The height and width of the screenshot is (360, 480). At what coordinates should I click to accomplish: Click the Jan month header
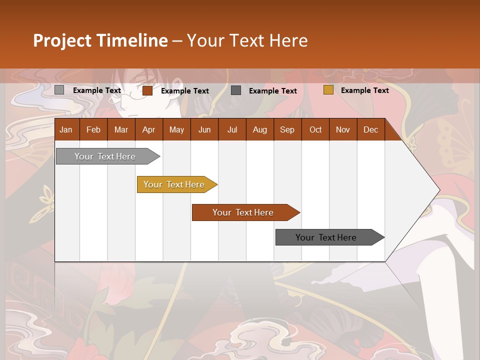point(66,129)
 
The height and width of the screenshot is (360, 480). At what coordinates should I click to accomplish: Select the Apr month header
point(148,129)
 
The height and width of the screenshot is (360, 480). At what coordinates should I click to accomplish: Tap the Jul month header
point(232,129)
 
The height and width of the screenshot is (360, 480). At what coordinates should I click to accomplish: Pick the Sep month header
point(287,129)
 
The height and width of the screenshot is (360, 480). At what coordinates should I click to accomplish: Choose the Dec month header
point(370,129)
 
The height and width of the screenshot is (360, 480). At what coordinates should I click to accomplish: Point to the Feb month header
point(93,129)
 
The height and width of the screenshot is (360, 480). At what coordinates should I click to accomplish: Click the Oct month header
point(315,129)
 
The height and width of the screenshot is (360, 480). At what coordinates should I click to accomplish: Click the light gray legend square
point(59,90)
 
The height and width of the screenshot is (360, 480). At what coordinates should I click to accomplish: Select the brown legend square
point(147,90)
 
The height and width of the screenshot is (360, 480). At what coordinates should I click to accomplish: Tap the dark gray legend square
point(236,90)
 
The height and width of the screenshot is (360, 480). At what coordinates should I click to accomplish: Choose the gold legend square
point(328,90)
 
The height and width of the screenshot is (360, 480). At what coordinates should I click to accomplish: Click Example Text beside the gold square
point(364,90)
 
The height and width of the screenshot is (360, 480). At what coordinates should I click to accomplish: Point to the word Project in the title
point(62,40)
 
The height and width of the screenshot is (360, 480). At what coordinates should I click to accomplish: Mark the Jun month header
point(204,129)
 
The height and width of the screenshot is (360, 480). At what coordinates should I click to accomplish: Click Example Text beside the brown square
point(184,90)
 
